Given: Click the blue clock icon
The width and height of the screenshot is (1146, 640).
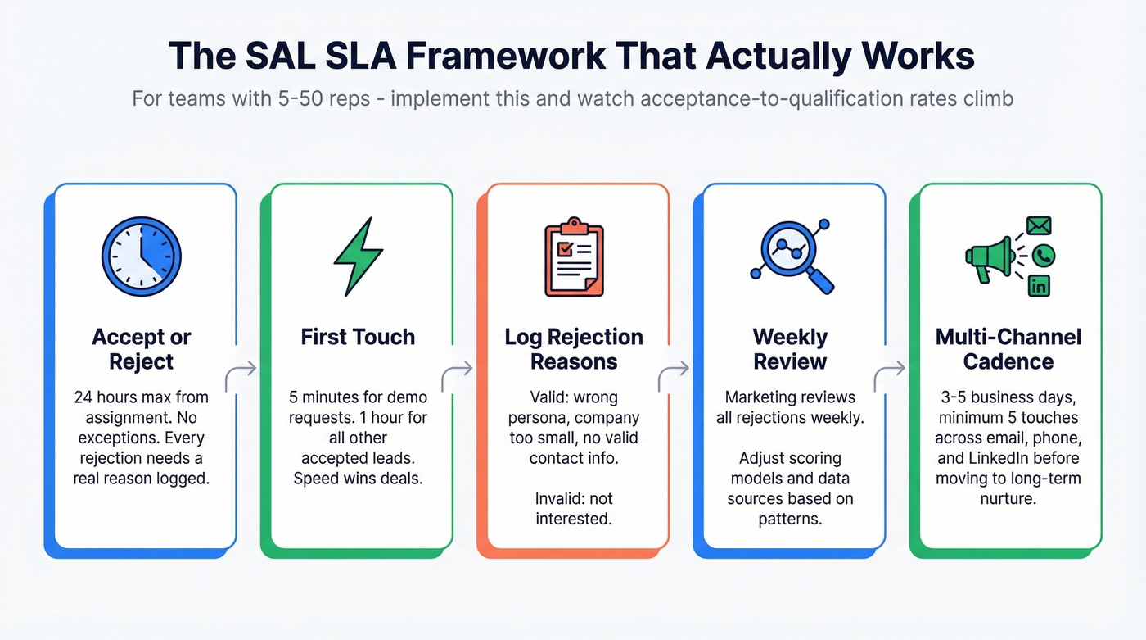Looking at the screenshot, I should tap(141, 256).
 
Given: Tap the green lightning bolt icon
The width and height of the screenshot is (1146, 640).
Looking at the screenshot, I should tap(358, 256).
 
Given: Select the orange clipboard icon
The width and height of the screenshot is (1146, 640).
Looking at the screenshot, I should tap(573, 257).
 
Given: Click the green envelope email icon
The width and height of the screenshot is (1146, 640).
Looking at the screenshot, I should tap(1038, 226).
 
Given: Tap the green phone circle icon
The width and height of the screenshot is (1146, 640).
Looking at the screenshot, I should tap(1043, 256).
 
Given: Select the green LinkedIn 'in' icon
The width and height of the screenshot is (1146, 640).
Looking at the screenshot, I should tap(1038, 285).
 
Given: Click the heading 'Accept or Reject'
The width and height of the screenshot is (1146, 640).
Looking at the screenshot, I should tap(141, 349).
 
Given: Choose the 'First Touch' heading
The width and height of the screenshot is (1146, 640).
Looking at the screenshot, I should tap(358, 337).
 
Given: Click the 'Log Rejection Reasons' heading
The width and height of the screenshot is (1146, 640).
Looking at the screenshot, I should tap(573, 349).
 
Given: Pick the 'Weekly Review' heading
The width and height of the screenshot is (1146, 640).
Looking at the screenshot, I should tap(790, 349).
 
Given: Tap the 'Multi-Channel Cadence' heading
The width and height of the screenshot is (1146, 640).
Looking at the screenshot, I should tap(1008, 349).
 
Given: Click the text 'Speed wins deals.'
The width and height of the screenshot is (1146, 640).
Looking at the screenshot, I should tap(358, 479).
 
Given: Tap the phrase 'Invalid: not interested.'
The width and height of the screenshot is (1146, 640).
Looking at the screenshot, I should tap(573, 509).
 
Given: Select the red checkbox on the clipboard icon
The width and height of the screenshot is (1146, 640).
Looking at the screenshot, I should tap(564, 247).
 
